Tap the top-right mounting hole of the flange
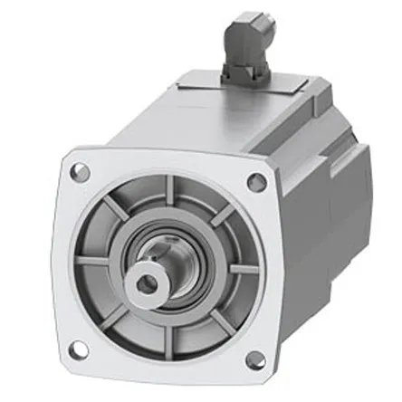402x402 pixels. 256,181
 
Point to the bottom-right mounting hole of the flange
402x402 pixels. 256,360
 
